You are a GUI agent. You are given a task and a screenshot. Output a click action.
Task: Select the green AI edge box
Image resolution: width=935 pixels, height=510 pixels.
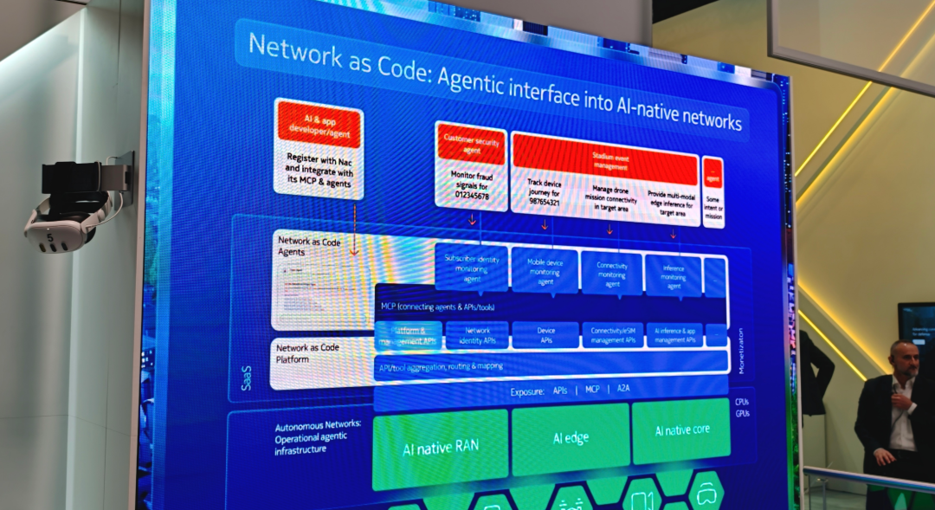pyautogui.click(x=570, y=438)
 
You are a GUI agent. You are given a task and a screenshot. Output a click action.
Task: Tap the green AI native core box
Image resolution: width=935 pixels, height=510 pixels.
pyautogui.click(x=680, y=430)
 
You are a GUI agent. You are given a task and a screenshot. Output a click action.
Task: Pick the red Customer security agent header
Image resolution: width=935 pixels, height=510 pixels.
pyautogui.click(x=471, y=143)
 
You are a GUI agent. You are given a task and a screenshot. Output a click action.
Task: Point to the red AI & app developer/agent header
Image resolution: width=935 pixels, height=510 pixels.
pyautogui.click(x=318, y=125)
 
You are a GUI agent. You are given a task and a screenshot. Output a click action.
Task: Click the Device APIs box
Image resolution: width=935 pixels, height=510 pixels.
pyautogui.click(x=545, y=335)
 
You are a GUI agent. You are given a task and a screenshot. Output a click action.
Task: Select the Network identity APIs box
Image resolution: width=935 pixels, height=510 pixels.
pyautogui.click(x=477, y=335)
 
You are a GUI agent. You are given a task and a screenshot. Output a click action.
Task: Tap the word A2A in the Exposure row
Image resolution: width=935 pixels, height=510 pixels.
pyautogui.click(x=623, y=389)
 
